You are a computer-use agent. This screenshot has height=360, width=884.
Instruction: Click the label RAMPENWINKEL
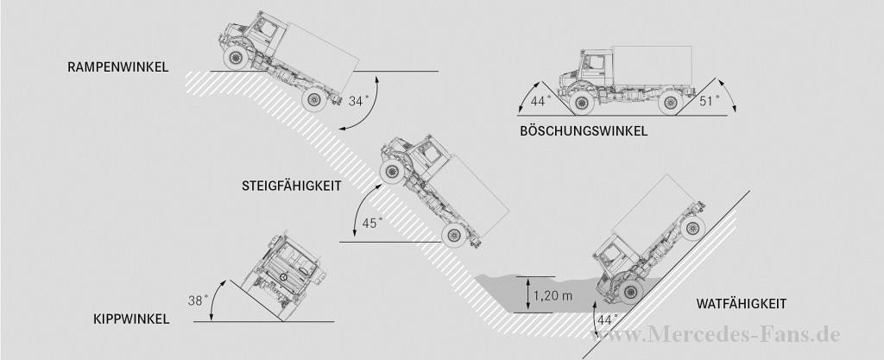[x=117, y=66]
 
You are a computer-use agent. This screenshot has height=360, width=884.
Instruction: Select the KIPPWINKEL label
[x=131, y=319]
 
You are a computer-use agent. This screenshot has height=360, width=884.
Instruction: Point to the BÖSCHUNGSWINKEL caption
[x=584, y=131]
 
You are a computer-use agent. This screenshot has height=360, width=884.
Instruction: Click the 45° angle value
[x=372, y=224]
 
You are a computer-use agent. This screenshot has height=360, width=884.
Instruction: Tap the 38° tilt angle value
[x=199, y=301]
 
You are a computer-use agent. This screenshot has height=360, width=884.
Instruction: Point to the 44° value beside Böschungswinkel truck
[x=541, y=102]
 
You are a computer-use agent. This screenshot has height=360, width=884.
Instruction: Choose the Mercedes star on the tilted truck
[x=281, y=276]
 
